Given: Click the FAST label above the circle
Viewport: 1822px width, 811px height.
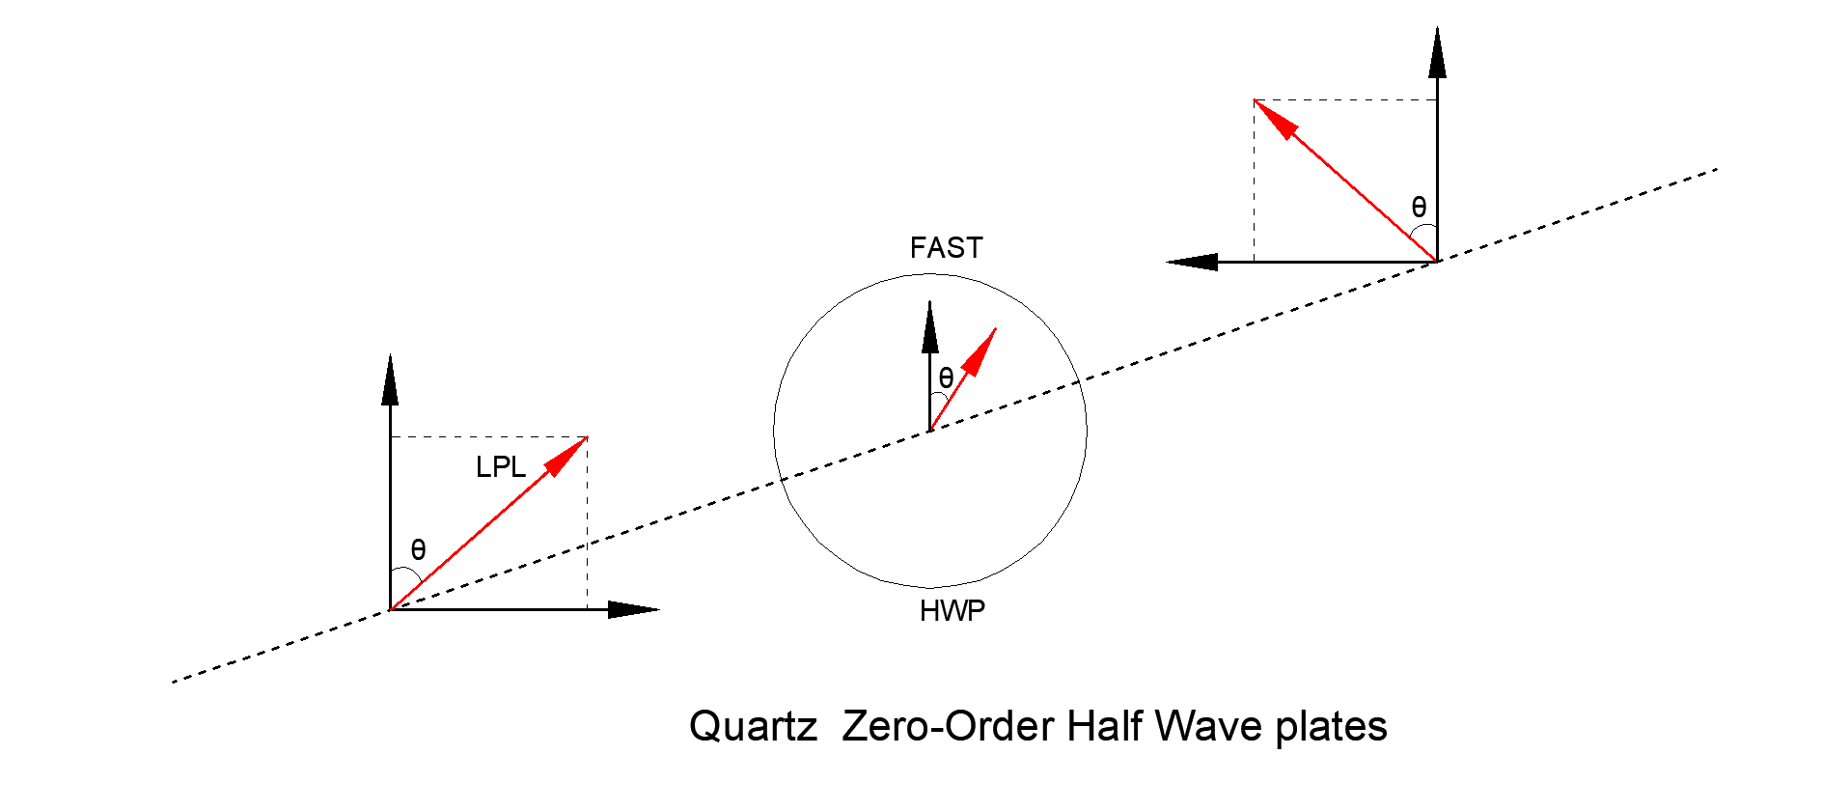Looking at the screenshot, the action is pyautogui.click(x=946, y=248).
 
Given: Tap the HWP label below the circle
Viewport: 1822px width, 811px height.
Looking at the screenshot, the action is pyautogui.click(x=952, y=611).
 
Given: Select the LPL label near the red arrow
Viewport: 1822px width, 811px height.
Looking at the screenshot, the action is pyautogui.click(x=501, y=467).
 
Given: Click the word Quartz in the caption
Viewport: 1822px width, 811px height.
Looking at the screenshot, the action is pyautogui.click(x=754, y=726).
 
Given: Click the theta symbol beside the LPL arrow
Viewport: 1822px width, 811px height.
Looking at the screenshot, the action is pyautogui.click(x=418, y=549).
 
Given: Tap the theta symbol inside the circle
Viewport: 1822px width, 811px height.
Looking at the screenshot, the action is pyautogui.click(x=946, y=378).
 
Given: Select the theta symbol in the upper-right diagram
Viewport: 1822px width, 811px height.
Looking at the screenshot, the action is pyautogui.click(x=1419, y=207).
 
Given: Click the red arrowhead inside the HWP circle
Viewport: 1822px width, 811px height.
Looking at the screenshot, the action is pyautogui.click(x=980, y=351).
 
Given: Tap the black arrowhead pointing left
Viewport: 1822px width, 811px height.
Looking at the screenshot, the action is pyautogui.click(x=1192, y=262).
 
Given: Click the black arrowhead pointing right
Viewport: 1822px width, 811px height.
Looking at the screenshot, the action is pyautogui.click(x=634, y=609).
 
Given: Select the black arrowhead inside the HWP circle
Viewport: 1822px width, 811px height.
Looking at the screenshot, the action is pyautogui.click(x=930, y=326).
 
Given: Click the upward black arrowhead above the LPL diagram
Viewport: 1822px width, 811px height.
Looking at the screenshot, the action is pyautogui.click(x=390, y=379).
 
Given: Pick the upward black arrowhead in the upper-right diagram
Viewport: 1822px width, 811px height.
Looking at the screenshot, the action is pyautogui.click(x=1438, y=52).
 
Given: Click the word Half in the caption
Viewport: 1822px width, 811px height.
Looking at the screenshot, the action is pyautogui.click(x=1105, y=726).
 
